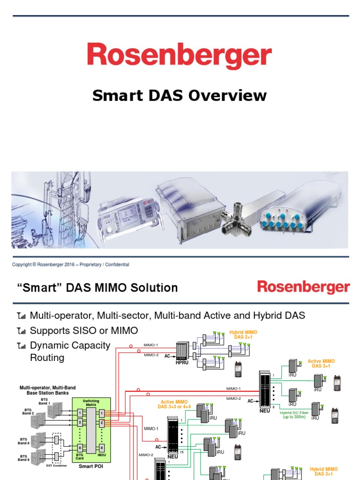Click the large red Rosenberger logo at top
[x=180, y=56]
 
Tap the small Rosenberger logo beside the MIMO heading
[x=303, y=287]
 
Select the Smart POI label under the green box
[x=91, y=466]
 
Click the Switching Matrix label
[x=91, y=402]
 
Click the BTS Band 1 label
[x=45, y=401]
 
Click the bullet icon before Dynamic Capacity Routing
[x=21, y=346]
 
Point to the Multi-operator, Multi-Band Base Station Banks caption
[x=47, y=390]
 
